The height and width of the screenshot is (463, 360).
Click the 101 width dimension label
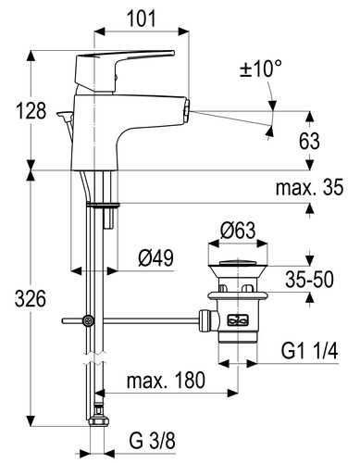tap(142, 19)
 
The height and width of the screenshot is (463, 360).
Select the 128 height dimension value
tap(31, 110)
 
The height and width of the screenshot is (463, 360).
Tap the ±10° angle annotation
tap(261, 69)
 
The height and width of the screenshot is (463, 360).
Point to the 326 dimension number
tap(31, 299)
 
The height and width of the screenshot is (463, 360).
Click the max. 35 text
tap(309, 187)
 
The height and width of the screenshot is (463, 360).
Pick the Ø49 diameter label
tap(155, 258)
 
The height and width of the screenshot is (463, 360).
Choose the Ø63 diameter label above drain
tap(238, 231)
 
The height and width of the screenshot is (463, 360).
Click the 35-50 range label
tap(309, 280)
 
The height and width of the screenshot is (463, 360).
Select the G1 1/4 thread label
tap(309, 351)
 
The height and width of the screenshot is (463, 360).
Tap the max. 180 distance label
tap(166, 380)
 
